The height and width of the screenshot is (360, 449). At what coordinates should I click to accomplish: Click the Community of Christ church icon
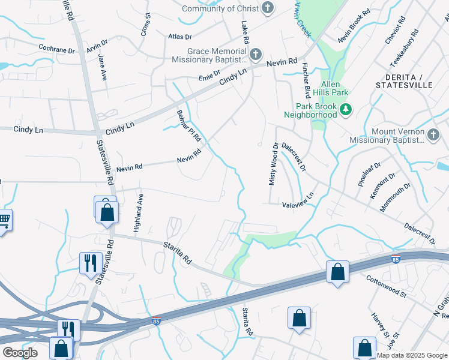[268, 8]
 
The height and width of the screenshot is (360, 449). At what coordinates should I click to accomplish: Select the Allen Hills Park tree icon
[345, 109]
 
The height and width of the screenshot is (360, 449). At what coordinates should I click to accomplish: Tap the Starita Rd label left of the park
[178, 253]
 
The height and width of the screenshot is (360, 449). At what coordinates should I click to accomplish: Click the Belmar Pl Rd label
[188, 126]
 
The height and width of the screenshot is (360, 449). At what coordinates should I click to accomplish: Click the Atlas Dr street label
[179, 37]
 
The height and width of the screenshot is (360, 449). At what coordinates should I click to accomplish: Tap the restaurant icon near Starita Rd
[89, 262]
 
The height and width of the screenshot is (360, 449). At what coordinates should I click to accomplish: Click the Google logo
[20, 352]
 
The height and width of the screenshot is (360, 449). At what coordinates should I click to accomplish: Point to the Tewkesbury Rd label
[403, 51]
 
